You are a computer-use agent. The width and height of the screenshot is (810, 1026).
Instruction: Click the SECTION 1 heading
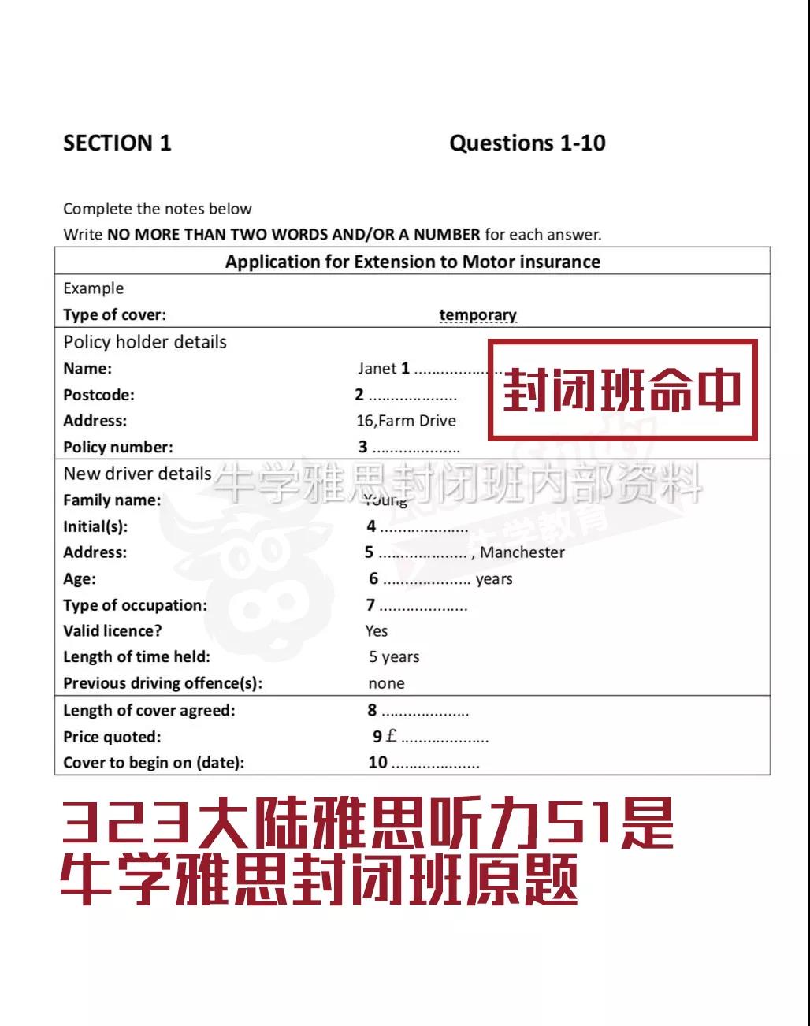click(117, 143)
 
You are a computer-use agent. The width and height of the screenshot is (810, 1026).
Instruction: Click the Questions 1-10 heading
click(527, 143)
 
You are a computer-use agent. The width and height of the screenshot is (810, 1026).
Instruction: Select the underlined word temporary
click(477, 315)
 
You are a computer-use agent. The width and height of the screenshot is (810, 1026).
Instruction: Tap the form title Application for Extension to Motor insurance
click(412, 262)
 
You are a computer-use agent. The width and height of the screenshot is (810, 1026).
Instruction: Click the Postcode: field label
click(98, 395)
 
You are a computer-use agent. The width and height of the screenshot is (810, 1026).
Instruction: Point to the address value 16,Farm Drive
click(406, 421)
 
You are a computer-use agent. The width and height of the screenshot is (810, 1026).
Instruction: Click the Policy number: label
click(118, 447)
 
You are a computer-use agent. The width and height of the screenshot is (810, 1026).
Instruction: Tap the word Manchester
click(522, 552)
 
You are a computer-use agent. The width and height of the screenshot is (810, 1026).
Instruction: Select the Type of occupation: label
click(135, 605)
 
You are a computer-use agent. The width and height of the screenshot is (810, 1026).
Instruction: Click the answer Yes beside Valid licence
click(377, 631)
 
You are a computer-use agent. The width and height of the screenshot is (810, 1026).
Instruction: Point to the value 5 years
click(394, 657)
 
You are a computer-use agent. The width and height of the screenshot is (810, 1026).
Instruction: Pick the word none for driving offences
click(386, 684)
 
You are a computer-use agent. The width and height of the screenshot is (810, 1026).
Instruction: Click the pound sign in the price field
click(392, 736)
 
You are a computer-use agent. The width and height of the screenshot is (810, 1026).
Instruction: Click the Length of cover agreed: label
click(149, 711)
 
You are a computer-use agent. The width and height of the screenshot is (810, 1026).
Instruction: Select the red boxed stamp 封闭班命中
click(622, 390)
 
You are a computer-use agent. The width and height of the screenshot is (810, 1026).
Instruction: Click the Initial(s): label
click(95, 526)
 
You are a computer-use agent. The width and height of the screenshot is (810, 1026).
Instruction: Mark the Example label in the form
click(93, 288)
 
